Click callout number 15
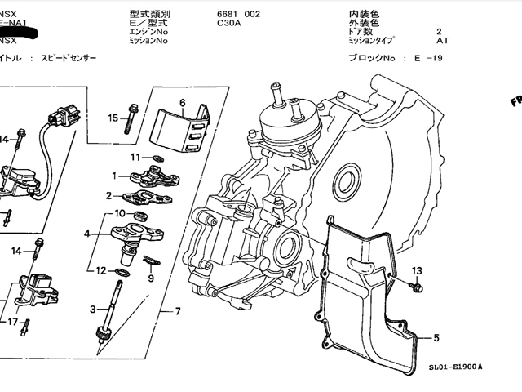[113, 118]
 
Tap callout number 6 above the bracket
[183, 103]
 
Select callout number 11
[135, 156]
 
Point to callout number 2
[108, 195]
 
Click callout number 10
[119, 213]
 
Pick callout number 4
[86, 234]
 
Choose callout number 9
[150, 278]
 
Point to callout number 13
[417, 270]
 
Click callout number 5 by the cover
[436, 337]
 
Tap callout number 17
[12, 322]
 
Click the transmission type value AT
[442, 40]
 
